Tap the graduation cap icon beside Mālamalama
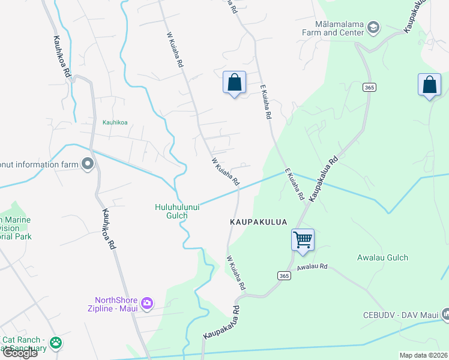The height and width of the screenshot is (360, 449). (373, 27)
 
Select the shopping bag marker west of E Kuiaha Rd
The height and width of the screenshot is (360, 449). (234, 83)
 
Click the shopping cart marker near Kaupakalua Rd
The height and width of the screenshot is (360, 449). (303, 239)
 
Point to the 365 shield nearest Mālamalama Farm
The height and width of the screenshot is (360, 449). (369, 88)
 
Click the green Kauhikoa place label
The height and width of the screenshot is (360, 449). (115, 122)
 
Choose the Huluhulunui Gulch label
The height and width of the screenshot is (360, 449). (177, 211)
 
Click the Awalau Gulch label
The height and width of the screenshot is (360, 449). (382, 257)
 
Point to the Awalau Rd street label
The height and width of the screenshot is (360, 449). (312, 266)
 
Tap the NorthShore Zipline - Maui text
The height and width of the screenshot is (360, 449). (116, 304)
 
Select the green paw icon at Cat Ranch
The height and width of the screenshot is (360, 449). (56, 343)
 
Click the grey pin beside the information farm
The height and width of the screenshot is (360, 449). (88, 163)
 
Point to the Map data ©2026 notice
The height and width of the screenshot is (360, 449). (424, 355)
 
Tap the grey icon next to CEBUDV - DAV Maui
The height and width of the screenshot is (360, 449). (445, 314)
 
